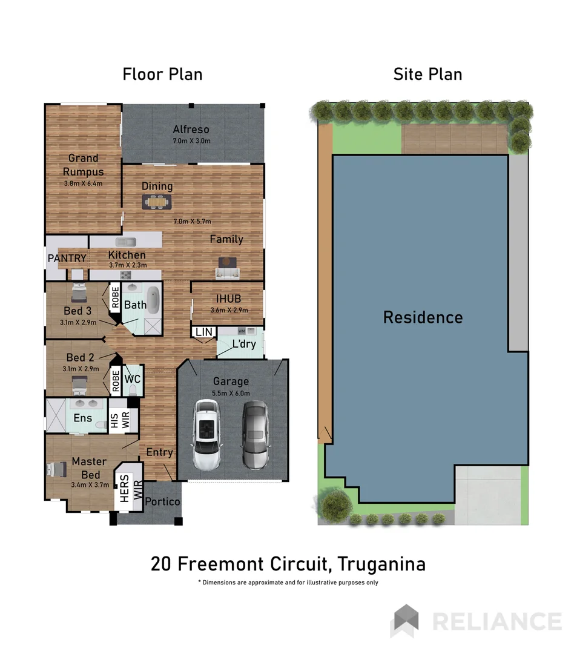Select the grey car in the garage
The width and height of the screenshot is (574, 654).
click(255, 435)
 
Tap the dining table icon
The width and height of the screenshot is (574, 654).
click(157, 201)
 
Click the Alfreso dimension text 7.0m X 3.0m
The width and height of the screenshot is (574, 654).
click(191, 141)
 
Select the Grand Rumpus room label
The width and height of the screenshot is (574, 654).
click(83, 165)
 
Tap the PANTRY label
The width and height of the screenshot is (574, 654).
click(67, 259)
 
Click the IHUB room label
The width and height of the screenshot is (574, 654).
click(229, 299)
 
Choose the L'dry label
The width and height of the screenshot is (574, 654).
click(244, 345)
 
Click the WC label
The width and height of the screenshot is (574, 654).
click(133, 379)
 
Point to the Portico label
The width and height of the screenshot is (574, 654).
click(162, 501)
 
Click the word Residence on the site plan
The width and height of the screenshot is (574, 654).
click(423, 317)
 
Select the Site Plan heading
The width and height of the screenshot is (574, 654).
click(427, 74)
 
